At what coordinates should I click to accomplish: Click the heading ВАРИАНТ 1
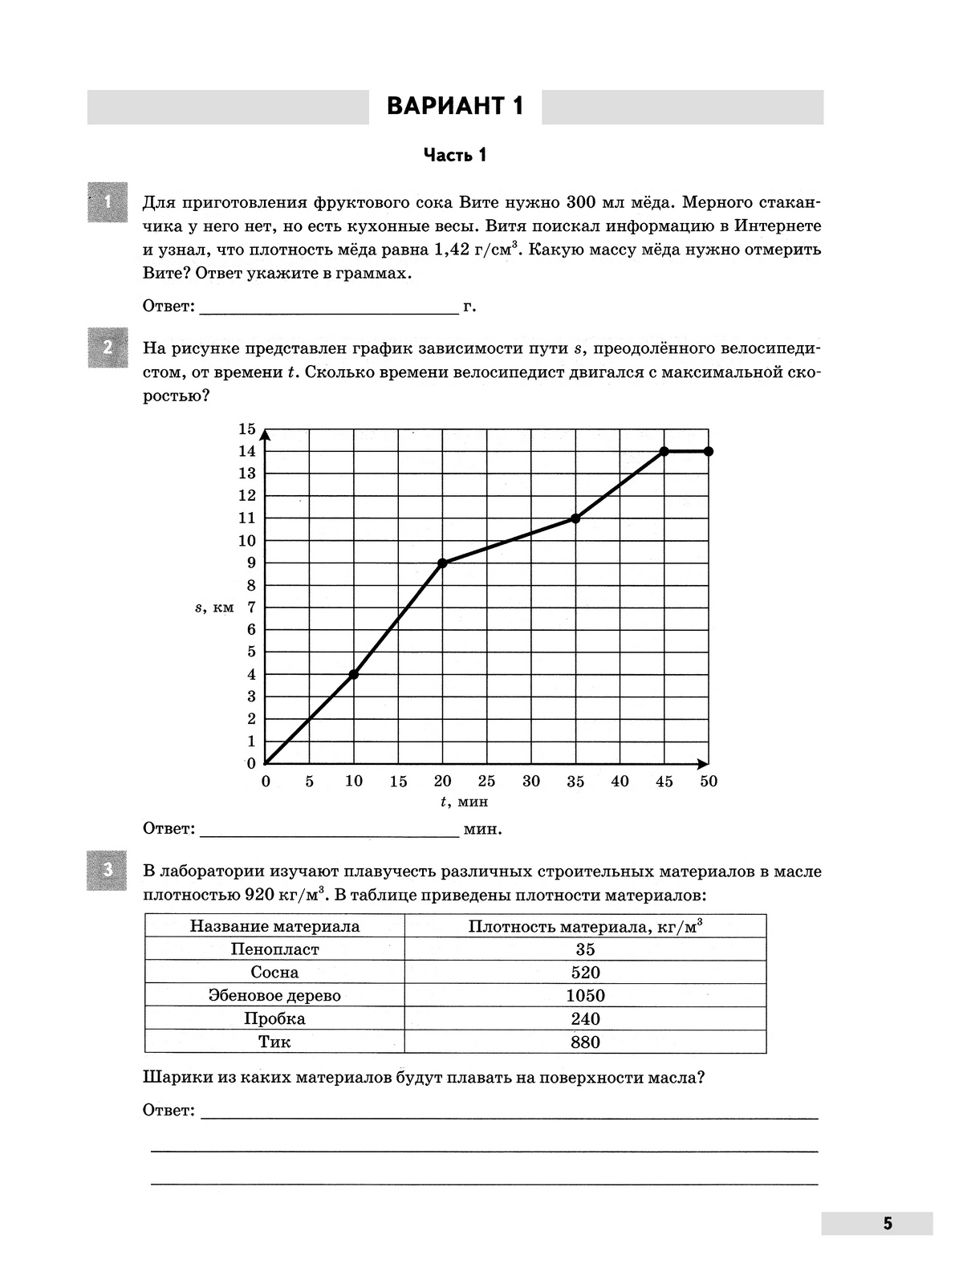(455, 107)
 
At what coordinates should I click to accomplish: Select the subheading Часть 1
(455, 155)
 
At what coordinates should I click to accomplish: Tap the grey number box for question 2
(108, 349)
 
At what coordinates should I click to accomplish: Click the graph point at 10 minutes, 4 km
(354, 674)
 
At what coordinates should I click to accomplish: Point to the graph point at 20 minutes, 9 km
(442, 563)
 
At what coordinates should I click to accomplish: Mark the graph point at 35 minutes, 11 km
(575, 518)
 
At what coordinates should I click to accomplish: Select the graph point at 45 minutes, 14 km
(664, 451)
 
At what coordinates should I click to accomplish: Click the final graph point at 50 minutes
(709, 451)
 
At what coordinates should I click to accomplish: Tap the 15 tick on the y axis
(246, 429)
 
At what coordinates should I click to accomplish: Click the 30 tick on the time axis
(531, 782)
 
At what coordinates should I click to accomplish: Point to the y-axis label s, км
(214, 607)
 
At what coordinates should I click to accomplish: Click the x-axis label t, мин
(464, 802)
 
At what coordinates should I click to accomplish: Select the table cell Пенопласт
(274, 949)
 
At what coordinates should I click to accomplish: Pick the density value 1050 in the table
(585, 996)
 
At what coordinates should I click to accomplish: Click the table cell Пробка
(274, 1019)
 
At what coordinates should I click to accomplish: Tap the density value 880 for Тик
(585, 1042)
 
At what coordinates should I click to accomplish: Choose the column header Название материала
(274, 926)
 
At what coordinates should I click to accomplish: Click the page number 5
(888, 1224)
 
